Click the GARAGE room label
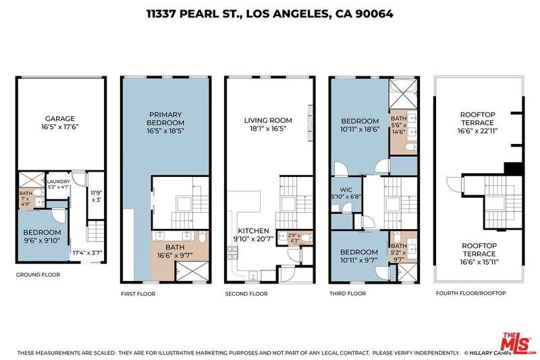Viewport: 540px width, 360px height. click(x=60, y=118)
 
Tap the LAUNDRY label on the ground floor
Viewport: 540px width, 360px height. click(x=58, y=182)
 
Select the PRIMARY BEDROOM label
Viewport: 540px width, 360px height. click(x=165, y=118)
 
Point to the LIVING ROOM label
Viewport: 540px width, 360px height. click(x=268, y=121)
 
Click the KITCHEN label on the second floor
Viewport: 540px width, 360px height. click(x=254, y=231)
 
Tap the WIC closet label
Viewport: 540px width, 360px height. click(x=346, y=190)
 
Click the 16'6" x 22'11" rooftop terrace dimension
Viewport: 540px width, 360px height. click(x=478, y=131)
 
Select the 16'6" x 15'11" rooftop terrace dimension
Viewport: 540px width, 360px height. click(x=479, y=262)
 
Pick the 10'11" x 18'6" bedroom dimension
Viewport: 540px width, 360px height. click(x=360, y=130)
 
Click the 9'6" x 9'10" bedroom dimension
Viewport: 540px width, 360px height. click(x=42, y=241)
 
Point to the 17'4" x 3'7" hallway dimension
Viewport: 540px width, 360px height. click(x=88, y=253)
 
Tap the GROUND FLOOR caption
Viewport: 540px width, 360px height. click(x=38, y=275)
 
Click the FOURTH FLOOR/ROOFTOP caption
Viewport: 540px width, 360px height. click(x=470, y=293)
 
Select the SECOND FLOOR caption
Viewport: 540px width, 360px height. click(x=246, y=294)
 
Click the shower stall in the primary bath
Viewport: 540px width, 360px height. click(x=192, y=271)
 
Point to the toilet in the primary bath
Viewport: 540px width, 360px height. click(x=202, y=237)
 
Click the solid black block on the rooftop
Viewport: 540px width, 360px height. click(x=514, y=169)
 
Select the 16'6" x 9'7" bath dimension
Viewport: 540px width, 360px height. click(x=175, y=255)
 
